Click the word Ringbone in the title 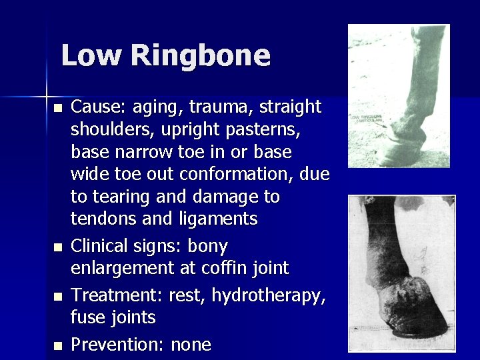click(x=201, y=56)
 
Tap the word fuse click(x=89, y=317)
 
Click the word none click(x=191, y=345)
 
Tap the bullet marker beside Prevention click(x=59, y=345)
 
